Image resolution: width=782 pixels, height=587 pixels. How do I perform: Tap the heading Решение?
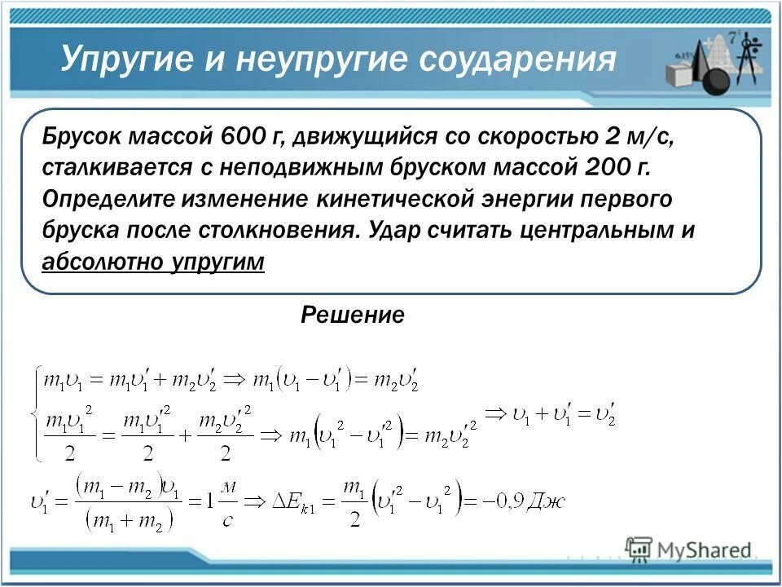click(x=353, y=315)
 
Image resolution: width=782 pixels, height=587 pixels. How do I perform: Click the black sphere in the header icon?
click(x=714, y=81)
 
